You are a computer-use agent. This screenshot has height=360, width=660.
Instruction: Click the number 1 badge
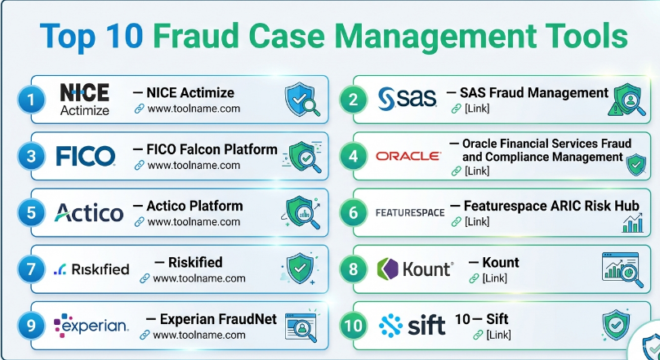[x=29, y=100]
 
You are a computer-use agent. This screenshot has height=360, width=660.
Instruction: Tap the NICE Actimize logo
[x=84, y=99]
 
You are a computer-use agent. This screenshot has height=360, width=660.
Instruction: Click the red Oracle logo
[x=408, y=155]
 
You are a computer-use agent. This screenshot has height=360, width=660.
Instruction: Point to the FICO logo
[x=86, y=155]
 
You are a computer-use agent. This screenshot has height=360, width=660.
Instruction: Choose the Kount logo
[x=415, y=269]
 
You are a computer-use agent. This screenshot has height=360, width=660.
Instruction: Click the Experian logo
[x=91, y=326]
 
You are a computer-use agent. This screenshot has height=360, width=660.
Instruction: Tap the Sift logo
[x=412, y=326]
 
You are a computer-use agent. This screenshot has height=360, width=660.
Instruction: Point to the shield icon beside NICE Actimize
[x=300, y=100]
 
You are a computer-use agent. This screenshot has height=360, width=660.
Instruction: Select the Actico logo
[x=89, y=213]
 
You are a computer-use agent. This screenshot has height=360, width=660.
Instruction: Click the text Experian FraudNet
[x=212, y=319]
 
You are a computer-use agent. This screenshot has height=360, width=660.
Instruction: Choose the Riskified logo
[x=91, y=269]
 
